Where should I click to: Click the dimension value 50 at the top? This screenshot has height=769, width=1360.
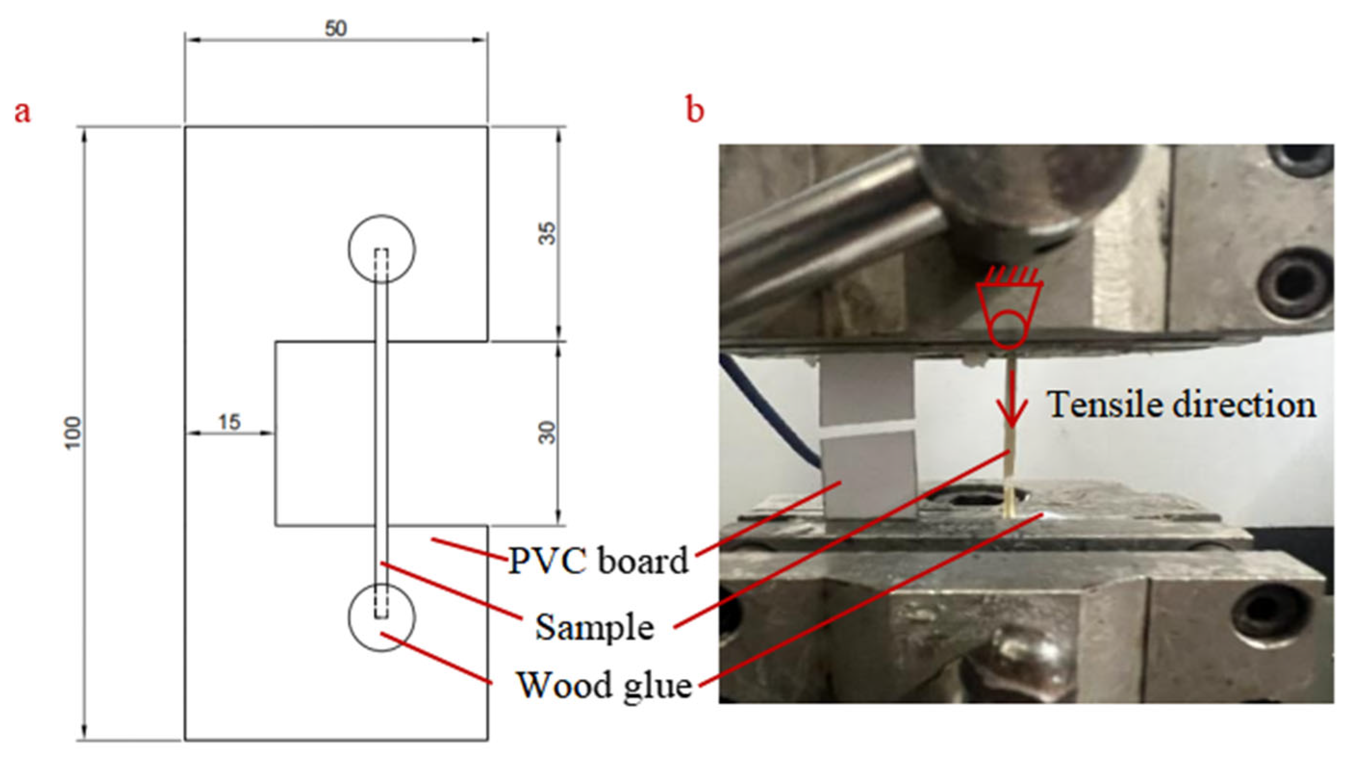pyautogui.click(x=336, y=29)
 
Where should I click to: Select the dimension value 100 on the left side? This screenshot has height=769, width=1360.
pyautogui.click(x=74, y=433)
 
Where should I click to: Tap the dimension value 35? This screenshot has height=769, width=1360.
pyautogui.click(x=549, y=233)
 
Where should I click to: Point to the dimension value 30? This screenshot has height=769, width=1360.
pyautogui.click(x=549, y=433)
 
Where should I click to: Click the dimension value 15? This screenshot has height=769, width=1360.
pyautogui.click(x=229, y=422)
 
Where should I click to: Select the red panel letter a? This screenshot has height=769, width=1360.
pyautogui.click(x=22, y=113)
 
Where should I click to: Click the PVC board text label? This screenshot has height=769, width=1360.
pyautogui.click(x=598, y=561)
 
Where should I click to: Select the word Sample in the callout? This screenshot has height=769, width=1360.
pyautogui.click(x=594, y=628)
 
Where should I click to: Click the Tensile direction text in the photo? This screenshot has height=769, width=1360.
pyautogui.click(x=1182, y=406)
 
